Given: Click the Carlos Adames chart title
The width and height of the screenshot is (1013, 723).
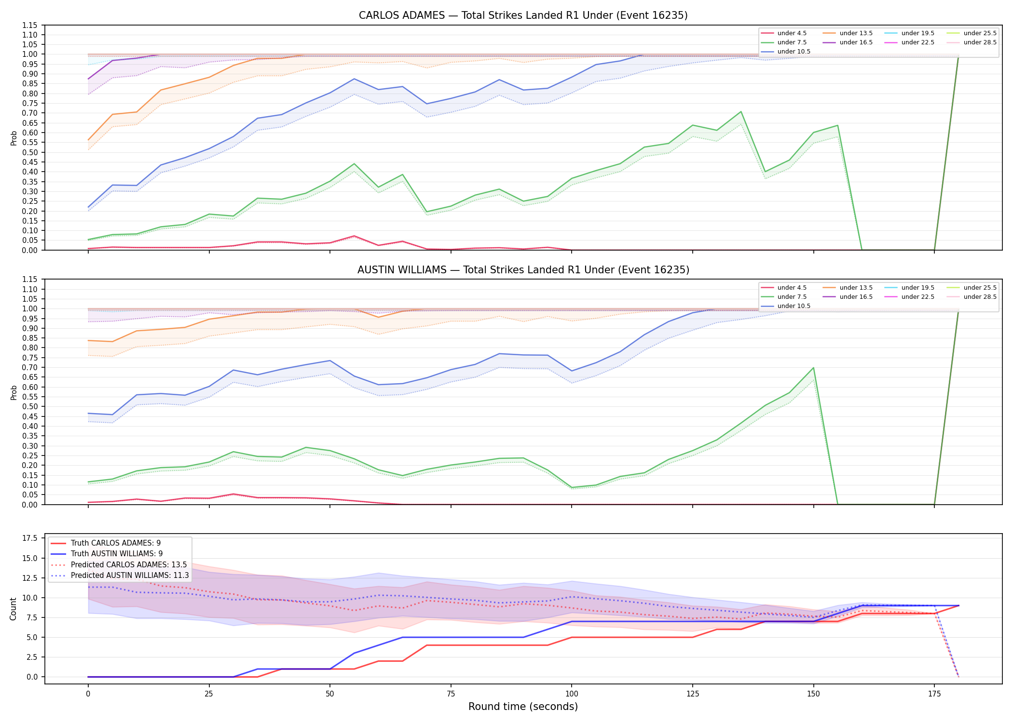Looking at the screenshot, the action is [x=523, y=15].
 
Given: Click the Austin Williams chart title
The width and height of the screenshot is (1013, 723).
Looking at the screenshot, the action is [x=523, y=270].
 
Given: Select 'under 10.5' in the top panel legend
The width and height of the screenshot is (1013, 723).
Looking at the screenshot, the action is [x=794, y=52].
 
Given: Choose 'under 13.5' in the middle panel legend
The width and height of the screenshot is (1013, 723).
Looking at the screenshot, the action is [x=856, y=288].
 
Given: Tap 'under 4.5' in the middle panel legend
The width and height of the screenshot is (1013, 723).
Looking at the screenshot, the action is [x=792, y=288].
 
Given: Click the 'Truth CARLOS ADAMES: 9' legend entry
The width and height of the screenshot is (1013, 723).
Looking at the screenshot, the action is [x=116, y=543].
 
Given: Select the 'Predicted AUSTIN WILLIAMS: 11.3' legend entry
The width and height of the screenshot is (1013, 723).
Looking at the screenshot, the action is [x=130, y=575].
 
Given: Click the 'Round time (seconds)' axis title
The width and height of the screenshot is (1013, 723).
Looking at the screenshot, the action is [x=523, y=707].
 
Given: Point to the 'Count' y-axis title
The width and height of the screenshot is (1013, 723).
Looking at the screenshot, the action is [x=14, y=609].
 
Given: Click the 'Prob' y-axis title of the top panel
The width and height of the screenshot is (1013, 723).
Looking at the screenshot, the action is [x=14, y=138].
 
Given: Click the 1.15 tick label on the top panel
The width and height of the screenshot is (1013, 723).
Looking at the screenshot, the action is [x=30, y=25].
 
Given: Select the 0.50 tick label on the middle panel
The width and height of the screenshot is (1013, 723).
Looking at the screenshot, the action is [x=30, y=407].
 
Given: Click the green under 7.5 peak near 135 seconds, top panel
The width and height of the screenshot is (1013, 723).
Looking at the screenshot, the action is [x=741, y=112].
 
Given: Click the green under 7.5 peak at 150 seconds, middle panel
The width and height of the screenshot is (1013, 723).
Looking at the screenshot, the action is [x=813, y=368].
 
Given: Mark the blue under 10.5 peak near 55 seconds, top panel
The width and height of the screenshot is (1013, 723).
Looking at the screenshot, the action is [x=354, y=79].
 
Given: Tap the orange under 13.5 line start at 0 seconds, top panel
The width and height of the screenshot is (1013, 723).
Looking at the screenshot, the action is [x=88, y=140].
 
